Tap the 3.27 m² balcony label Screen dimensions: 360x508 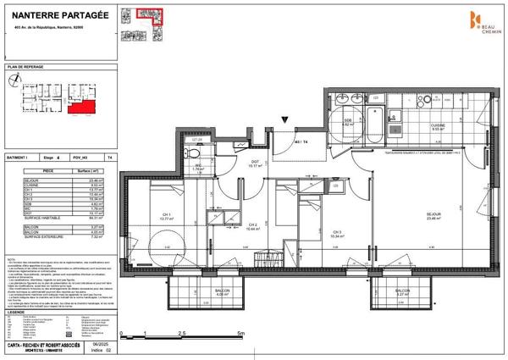pos(400,293)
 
